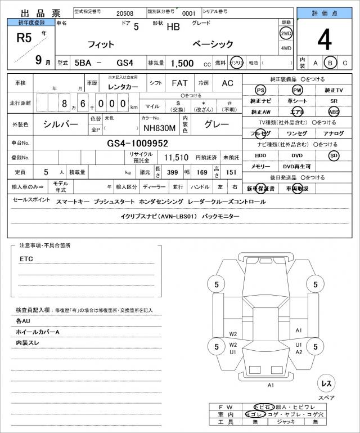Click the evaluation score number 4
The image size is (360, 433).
point(325,39)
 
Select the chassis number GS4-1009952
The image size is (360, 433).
point(137,143)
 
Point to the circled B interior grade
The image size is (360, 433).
point(331,63)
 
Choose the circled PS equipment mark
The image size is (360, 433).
point(260,90)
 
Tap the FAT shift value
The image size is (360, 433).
point(179,83)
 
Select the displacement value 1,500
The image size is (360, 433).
point(183,63)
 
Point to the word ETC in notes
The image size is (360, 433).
point(26,259)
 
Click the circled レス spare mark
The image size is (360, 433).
point(326,383)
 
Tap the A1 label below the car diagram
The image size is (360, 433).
point(271,385)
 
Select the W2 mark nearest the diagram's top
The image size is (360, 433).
point(233,334)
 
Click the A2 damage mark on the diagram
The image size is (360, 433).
point(299,352)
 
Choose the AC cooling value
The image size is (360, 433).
point(227,83)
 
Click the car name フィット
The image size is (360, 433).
point(101,44)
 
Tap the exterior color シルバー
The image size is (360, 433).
point(61,124)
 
